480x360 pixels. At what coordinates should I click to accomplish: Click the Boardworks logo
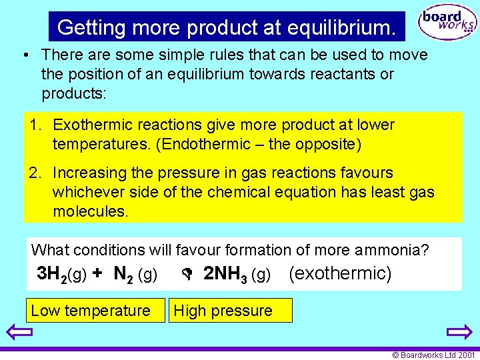(447, 23)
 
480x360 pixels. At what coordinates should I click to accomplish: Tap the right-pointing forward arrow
(459, 333)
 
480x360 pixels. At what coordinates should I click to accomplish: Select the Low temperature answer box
(91, 311)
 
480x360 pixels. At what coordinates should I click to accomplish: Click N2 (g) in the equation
(135, 274)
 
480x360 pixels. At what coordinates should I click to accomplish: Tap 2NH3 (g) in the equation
(237, 274)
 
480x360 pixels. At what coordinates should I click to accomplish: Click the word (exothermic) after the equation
(341, 273)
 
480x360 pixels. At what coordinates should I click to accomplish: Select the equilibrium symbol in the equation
(187, 274)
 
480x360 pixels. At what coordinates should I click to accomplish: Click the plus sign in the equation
(97, 273)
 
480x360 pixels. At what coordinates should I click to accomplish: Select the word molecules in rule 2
(90, 211)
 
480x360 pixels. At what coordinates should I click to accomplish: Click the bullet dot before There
(24, 55)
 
